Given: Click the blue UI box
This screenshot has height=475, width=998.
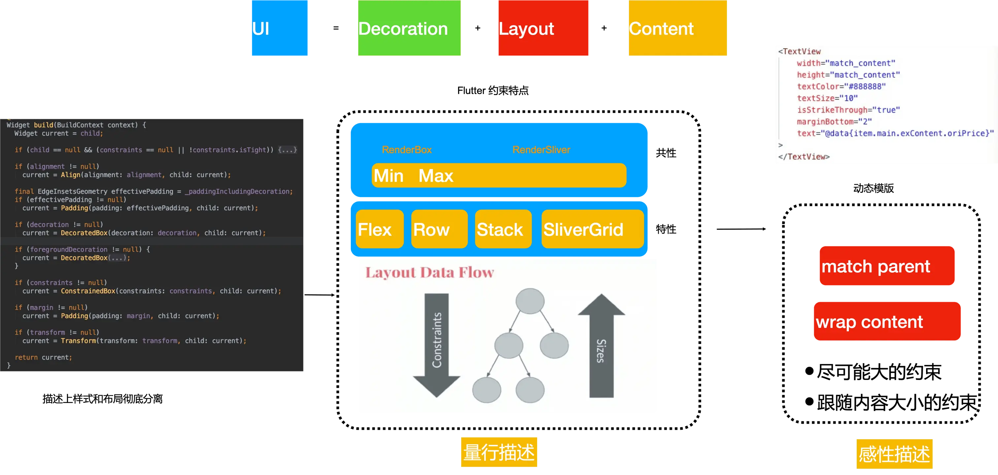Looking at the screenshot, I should (x=279, y=29).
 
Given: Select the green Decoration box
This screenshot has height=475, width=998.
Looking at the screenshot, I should (x=409, y=29).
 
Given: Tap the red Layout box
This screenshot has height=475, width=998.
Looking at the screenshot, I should (x=542, y=29).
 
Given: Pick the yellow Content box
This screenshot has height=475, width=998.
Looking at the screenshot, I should (x=677, y=29).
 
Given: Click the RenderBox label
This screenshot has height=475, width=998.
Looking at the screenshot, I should (x=406, y=150).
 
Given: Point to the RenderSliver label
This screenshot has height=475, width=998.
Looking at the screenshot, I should (x=541, y=150).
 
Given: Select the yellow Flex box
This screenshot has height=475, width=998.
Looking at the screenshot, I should (x=379, y=229).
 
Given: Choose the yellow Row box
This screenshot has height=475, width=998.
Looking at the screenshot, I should (x=439, y=229).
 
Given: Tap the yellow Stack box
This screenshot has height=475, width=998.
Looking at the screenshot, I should (x=503, y=229).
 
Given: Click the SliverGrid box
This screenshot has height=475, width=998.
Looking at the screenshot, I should (x=592, y=229).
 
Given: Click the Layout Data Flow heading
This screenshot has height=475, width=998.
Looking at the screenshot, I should (x=429, y=273).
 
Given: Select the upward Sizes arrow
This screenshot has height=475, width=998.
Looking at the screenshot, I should (x=601, y=345).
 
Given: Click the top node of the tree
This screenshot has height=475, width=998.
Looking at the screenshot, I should (x=530, y=301).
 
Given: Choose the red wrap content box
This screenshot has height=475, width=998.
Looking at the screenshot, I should (x=887, y=322).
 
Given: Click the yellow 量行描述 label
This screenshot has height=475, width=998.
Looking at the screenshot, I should (x=499, y=453).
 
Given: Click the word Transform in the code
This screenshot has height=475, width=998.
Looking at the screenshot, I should (x=78, y=341).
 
